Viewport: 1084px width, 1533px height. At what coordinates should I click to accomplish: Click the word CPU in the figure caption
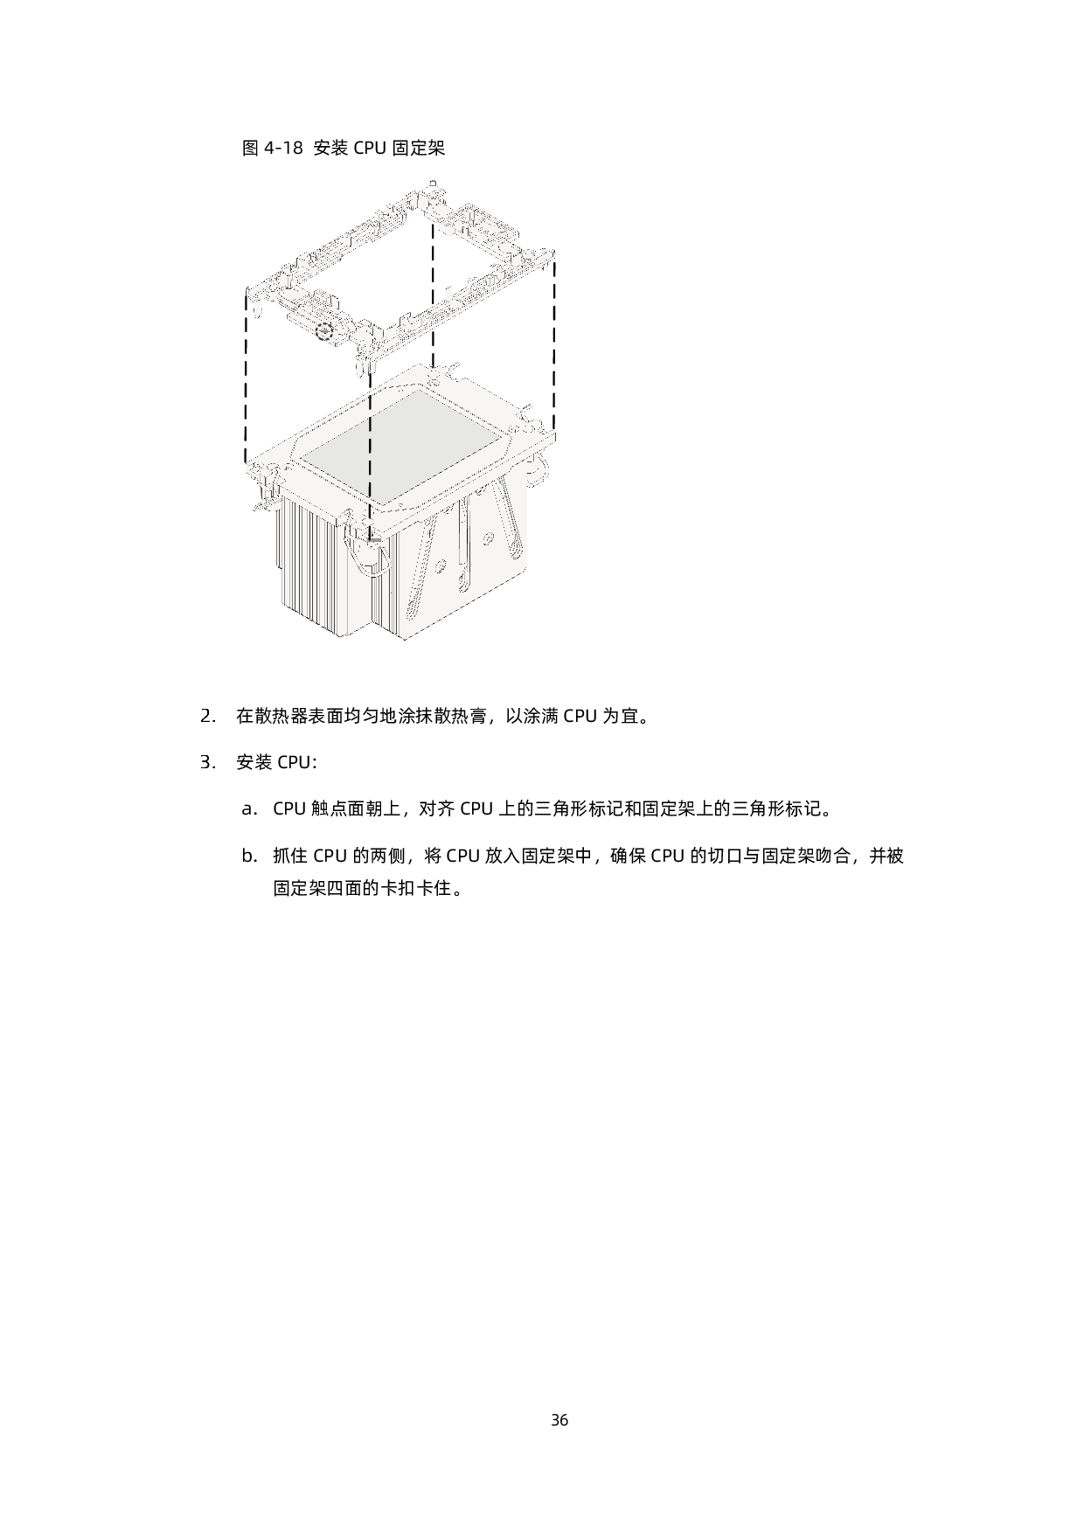pos(369,148)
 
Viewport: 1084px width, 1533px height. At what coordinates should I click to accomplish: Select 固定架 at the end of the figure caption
pos(418,148)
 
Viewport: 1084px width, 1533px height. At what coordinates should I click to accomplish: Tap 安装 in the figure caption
pos(330,148)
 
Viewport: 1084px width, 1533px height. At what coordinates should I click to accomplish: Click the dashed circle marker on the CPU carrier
pos(324,330)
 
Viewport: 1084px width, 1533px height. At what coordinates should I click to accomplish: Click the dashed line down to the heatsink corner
pos(370,463)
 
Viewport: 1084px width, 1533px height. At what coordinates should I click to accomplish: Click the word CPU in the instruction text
pos(289,808)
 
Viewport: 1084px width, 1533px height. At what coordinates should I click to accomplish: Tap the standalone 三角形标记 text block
pos(579,808)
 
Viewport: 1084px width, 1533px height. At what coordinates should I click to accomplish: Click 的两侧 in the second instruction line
pos(383,856)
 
